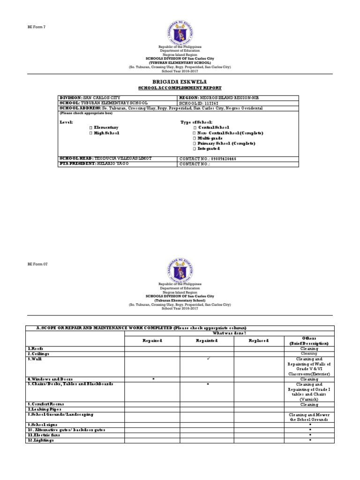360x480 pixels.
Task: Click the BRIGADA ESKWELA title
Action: click(x=180, y=82)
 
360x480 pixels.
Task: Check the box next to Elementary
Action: click(x=90, y=127)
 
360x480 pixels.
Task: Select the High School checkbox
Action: click(x=90, y=133)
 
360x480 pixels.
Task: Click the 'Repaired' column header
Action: click(x=152, y=341)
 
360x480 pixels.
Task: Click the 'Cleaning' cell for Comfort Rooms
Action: click(x=309, y=404)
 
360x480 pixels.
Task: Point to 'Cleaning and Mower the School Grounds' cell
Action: click(x=309, y=417)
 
